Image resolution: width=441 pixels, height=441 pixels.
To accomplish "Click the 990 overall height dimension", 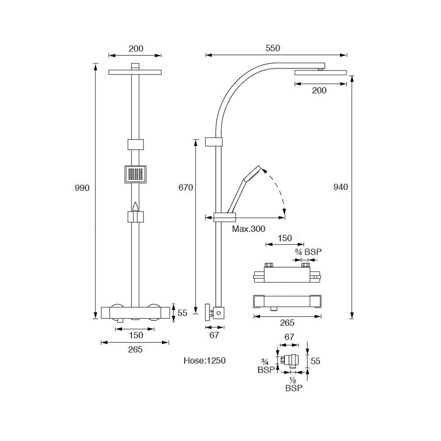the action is pyautogui.click(x=82, y=188).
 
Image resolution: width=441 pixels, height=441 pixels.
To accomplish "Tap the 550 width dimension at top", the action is pyautogui.click(x=273, y=48).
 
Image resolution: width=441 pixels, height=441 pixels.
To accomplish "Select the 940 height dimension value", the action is pyautogui.click(x=341, y=187).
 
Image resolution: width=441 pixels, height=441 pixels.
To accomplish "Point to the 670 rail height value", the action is pyautogui.click(x=186, y=187).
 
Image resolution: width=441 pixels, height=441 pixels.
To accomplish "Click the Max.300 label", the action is pyautogui.click(x=249, y=229).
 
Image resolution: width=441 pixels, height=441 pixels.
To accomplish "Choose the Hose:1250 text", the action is pyautogui.click(x=205, y=361).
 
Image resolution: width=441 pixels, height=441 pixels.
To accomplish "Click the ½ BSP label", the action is pyautogui.click(x=294, y=385).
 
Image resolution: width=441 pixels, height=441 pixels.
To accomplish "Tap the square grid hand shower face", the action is pyautogui.click(x=135, y=175).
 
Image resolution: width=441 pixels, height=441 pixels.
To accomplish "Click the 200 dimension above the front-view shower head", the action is pyautogui.click(x=136, y=49).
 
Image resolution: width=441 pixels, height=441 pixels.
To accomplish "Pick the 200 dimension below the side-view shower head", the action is pyautogui.click(x=319, y=91).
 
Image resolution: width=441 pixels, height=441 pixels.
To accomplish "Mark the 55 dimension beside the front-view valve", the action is pyautogui.click(x=182, y=313).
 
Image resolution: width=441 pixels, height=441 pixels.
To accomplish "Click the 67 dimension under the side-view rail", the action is pyautogui.click(x=214, y=335).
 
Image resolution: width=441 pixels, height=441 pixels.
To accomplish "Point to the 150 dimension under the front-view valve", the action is pyautogui.click(x=136, y=335).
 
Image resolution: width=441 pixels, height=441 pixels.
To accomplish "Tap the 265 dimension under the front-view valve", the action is pyautogui.click(x=135, y=349).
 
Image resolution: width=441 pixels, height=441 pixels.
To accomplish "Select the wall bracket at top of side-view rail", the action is pyautogui.click(x=214, y=142).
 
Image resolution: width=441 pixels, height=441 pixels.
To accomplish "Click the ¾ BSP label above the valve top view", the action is pyautogui.click(x=308, y=252).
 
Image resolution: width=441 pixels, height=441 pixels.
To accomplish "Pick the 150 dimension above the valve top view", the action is pyautogui.click(x=285, y=238).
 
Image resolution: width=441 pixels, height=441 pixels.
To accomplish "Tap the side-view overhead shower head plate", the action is pyautogui.click(x=321, y=73).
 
